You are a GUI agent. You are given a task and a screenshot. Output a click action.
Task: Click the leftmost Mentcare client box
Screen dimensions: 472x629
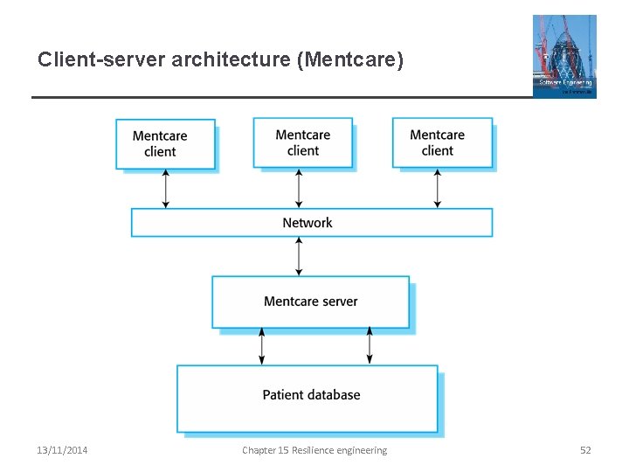tap(165, 143)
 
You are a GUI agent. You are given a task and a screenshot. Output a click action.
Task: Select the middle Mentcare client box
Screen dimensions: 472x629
tap(303, 142)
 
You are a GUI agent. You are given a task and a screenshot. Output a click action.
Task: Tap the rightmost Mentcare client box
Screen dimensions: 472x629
tap(442, 142)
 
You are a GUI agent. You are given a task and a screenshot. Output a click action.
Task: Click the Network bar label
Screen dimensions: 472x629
tap(308, 223)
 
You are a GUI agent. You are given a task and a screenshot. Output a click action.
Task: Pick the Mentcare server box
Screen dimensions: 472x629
tap(310, 302)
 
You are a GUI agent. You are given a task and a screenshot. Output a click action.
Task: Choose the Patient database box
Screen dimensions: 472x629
tap(308, 398)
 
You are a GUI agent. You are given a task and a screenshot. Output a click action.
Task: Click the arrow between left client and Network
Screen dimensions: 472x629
tap(165, 189)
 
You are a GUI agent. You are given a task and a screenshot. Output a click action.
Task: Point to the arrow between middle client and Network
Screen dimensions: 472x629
tap(300, 188)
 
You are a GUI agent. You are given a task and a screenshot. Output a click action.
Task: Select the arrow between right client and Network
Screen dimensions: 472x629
tap(438, 188)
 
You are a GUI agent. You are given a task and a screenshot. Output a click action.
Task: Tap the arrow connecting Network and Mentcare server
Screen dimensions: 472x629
tap(300, 256)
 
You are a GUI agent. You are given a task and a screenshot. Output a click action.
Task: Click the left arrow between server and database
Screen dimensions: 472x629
tap(260, 346)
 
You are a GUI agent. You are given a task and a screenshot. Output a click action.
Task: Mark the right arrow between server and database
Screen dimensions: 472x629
tap(370, 346)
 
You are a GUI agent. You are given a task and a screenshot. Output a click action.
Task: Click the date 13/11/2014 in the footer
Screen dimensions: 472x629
tap(62, 450)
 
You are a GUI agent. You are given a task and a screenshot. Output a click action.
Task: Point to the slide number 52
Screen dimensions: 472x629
tap(585, 450)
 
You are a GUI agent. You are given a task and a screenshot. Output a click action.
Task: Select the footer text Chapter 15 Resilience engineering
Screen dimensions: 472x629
tap(314, 450)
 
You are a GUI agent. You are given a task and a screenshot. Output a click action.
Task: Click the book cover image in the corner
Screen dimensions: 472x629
tap(564, 56)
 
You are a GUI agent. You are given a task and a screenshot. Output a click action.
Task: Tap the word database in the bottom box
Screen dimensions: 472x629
tap(333, 395)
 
